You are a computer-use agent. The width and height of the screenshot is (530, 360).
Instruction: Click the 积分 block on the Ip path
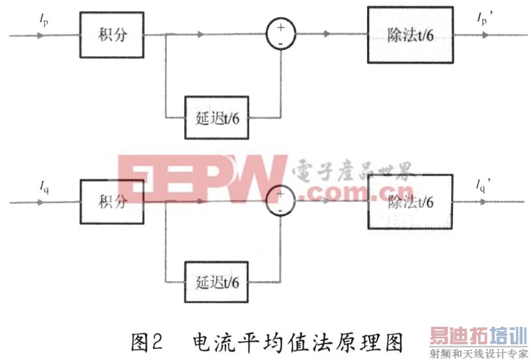click(x=112, y=35)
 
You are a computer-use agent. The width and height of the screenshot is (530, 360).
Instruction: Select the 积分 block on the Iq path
click(x=112, y=202)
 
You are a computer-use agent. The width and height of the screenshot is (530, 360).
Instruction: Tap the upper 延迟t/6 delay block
click(x=217, y=119)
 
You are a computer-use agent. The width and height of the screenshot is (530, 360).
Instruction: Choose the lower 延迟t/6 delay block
click(x=217, y=283)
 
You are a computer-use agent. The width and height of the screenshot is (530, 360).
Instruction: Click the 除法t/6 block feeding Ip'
click(x=409, y=35)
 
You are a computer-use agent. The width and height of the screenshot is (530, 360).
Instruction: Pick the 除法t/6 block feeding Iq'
click(x=409, y=202)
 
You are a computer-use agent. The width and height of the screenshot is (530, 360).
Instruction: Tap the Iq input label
click(x=44, y=188)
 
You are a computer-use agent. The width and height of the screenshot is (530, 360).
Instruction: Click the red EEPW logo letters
click(x=202, y=177)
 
